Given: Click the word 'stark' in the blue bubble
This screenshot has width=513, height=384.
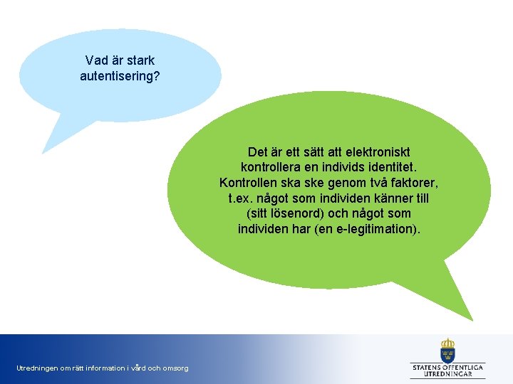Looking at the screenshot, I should [x=140, y=60].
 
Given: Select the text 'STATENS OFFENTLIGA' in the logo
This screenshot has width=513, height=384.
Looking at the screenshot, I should [x=448, y=367].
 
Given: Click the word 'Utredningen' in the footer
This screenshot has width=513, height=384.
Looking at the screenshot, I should [x=38, y=368].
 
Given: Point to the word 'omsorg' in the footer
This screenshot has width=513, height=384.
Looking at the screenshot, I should [x=175, y=368].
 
